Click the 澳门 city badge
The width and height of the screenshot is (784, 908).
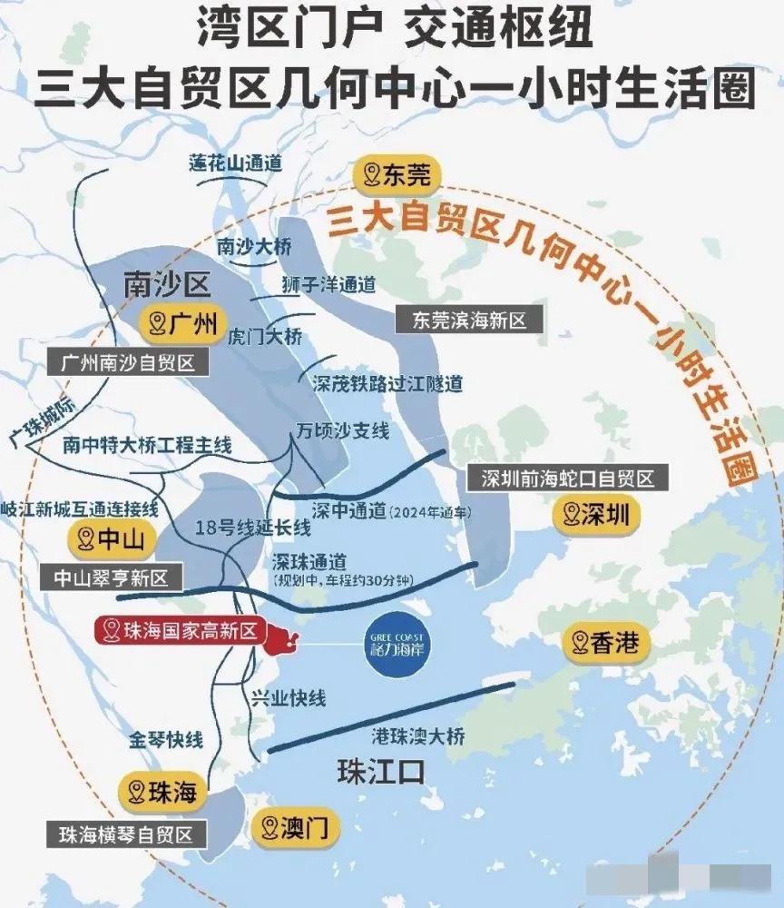click(x=295, y=826)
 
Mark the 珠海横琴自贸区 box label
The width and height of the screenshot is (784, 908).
click(x=126, y=834)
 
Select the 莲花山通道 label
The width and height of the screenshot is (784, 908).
click(x=235, y=163)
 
